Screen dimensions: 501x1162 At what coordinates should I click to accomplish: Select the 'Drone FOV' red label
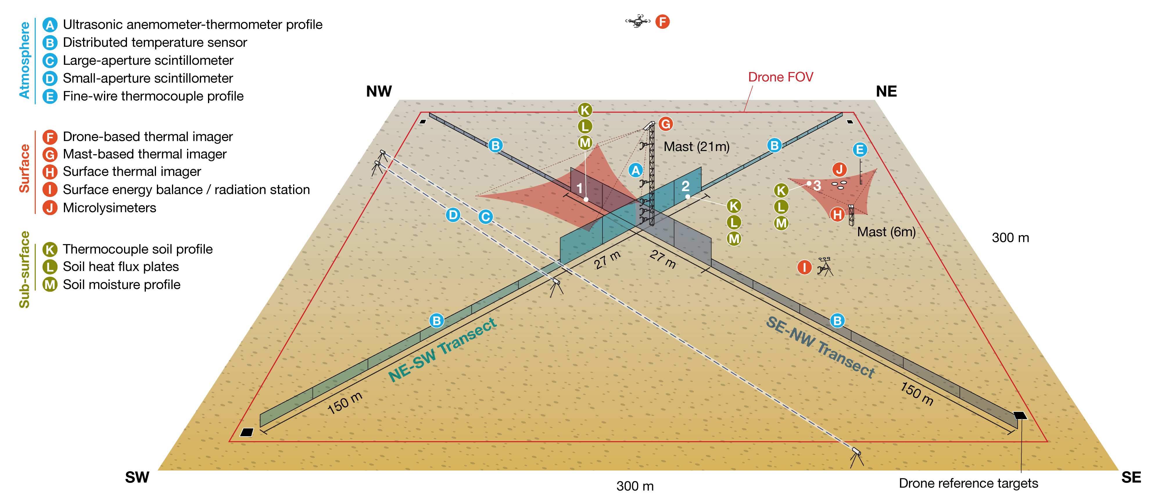(780, 77)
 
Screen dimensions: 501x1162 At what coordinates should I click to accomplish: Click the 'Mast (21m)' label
(697, 147)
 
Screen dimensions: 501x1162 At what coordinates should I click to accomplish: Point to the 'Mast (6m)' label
(886, 232)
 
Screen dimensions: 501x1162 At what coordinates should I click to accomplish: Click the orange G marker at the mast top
(665, 124)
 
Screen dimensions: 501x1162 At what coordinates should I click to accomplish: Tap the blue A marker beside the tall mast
(636, 170)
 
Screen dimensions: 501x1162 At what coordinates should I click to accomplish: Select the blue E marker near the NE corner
(859, 150)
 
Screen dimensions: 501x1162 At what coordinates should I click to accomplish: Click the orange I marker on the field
(804, 267)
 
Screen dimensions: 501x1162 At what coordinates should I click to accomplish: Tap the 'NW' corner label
(379, 91)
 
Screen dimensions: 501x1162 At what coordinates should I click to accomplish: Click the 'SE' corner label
(1131, 477)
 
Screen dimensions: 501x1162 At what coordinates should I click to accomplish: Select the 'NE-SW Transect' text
(442, 350)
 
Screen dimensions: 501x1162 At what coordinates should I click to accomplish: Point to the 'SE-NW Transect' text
(820, 346)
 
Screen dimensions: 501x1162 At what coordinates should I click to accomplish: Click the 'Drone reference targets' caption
(968, 483)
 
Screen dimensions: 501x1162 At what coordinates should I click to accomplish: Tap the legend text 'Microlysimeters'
(110, 208)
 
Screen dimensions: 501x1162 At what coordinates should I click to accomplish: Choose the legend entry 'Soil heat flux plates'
(121, 267)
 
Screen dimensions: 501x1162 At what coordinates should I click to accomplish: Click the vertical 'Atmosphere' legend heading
(24, 60)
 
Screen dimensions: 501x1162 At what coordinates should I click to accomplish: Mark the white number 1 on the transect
(580, 188)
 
